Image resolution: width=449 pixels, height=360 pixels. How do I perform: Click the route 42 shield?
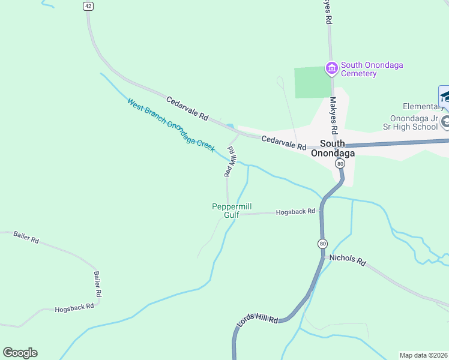coord(88,5)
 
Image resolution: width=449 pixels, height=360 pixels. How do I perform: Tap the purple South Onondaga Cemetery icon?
coord(331,69)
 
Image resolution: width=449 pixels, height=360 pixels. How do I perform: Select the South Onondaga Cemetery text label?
coord(359,70)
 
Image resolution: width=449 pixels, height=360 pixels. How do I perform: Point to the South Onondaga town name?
coord(333,148)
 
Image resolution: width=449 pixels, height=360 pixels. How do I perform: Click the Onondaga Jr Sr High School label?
coord(414,122)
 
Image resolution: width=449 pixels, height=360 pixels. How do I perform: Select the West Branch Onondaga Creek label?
coord(171,125)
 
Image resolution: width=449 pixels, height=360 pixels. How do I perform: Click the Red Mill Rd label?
coord(229,161)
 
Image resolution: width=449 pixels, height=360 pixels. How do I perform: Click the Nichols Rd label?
coord(348,260)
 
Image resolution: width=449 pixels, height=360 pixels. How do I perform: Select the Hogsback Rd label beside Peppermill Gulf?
coord(295,212)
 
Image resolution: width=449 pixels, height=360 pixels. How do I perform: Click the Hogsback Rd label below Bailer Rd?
coord(74,307)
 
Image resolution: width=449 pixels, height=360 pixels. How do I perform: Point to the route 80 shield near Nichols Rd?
coord(323,243)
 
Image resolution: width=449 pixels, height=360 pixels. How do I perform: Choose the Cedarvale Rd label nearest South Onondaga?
coord(284,142)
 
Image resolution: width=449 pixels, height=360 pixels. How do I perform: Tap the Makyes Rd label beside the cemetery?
coord(334,120)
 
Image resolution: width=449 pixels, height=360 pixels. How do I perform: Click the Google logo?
coord(20,353)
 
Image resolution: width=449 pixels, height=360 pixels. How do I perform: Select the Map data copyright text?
coord(424,355)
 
